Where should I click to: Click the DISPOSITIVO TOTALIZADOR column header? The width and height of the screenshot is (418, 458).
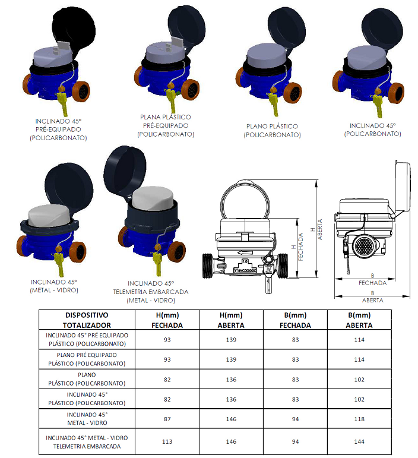(87, 320)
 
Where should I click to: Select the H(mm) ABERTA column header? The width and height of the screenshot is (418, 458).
(231, 320)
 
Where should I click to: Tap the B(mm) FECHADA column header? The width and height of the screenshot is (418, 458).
(295, 320)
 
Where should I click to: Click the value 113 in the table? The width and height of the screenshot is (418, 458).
(167, 441)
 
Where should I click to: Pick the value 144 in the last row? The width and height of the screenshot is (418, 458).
(359, 441)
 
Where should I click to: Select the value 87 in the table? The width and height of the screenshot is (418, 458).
(167, 419)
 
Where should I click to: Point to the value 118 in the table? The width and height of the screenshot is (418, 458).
(359, 419)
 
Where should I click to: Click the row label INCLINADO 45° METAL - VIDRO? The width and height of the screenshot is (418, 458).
(87, 419)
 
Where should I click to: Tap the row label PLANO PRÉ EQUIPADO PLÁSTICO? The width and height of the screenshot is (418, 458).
(87, 359)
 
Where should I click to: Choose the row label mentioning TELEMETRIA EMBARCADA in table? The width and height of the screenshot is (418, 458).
(87, 442)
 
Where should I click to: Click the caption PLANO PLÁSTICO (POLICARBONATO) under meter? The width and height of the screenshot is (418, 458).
(272, 130)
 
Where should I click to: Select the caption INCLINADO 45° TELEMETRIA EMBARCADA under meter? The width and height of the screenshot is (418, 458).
(151, 292)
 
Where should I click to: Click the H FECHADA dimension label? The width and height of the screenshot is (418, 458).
(297, 247)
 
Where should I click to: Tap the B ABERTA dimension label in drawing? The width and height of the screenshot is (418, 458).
(372, 296)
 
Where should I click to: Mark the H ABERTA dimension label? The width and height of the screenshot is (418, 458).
(316, 229)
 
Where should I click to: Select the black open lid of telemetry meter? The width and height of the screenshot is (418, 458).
(125, 172)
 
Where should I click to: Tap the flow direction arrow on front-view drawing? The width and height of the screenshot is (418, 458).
(245, 252)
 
